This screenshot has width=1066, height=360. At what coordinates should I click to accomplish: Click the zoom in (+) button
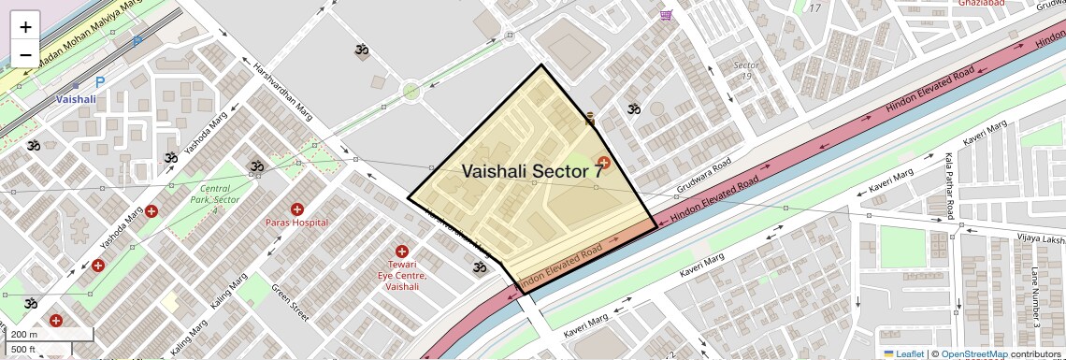click(25, 26)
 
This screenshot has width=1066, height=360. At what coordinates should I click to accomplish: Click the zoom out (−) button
click(25, 53)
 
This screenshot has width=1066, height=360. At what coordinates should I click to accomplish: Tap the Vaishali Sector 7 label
click(532, 171)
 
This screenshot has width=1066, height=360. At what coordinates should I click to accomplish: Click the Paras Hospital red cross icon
click(297, 209)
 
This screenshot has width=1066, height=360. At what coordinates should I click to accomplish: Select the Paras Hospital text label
click(297, 223)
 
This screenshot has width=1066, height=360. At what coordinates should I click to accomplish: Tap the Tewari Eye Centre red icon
click(402, 252)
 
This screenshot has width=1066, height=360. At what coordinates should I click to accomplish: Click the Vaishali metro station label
click(76, 98)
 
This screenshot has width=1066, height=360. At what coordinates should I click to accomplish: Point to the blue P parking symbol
click(100, 82)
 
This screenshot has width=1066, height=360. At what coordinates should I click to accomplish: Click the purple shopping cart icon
click(666, 15)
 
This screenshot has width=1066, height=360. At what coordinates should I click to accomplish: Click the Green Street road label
click(290, 304)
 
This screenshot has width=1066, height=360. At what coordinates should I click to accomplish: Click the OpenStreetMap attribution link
click(974, 353)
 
